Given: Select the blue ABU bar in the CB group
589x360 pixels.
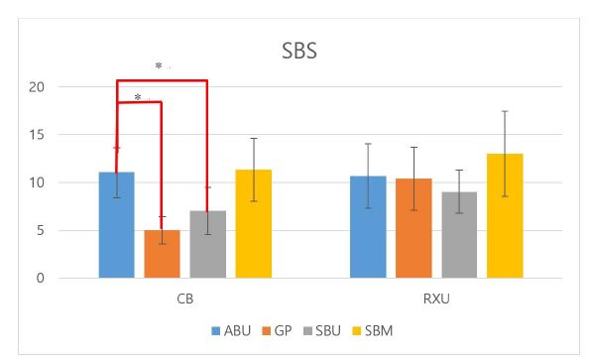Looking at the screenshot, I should tap(116, 225).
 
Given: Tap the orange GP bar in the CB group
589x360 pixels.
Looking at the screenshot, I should tap(162, 254).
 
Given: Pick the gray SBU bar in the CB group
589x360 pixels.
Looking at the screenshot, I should tap(207, 244).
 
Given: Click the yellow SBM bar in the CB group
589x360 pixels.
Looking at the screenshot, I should tap(253, 224).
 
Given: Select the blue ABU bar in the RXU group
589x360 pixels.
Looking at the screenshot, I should tap(368, 227).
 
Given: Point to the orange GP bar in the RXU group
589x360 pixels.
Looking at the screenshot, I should tap(413, 228).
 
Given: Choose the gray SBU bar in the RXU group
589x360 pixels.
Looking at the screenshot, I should tap(459, 235).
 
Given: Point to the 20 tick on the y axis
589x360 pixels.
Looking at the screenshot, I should tap(37, 87).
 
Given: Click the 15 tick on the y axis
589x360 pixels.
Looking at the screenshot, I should tap(37, 135).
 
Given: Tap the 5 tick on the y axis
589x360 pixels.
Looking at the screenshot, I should tap(41, 231).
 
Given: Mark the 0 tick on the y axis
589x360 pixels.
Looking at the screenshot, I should tap(41, 279).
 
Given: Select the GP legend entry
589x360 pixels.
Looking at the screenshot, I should tap(278, 329).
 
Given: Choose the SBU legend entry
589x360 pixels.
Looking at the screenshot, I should tap(321, 329).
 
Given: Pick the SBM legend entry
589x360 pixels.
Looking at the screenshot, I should tap(370, 329).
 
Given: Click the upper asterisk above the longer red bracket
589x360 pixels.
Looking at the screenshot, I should tap(159, 66).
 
